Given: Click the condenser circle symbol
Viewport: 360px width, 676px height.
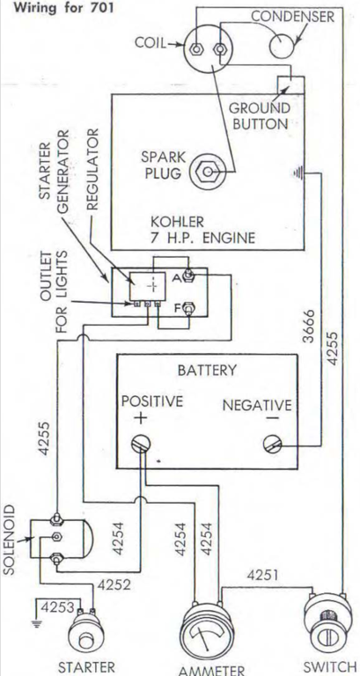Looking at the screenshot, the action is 282,44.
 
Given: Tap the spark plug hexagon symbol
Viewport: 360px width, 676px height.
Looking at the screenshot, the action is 209,173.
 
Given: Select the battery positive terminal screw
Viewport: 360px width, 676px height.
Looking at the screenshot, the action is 141,444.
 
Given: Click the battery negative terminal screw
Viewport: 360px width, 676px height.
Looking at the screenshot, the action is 273,444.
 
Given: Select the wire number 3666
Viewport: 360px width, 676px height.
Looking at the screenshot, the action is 309,326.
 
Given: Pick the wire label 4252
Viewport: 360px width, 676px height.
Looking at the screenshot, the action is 114,585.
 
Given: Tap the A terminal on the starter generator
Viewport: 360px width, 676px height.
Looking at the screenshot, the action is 188,274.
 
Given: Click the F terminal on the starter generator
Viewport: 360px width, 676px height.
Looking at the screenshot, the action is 188,308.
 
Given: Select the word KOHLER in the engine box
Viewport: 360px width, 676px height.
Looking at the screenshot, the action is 177,223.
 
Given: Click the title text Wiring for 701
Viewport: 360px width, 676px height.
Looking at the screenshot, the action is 63,8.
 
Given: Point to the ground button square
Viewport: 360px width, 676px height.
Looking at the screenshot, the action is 290,84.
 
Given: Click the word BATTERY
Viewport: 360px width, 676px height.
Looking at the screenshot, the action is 208,371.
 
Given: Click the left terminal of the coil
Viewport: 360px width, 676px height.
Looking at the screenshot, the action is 196,48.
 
